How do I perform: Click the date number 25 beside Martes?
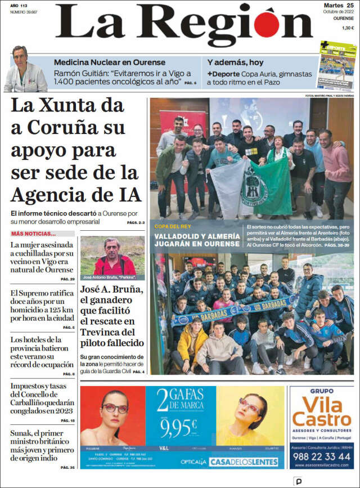(350, 6)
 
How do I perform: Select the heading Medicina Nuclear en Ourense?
(110, 62)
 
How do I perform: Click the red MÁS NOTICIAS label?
(34, 234)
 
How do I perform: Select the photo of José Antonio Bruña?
(112, 257)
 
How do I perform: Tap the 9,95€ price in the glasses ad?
(178, 429)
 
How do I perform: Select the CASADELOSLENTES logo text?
(244, 462)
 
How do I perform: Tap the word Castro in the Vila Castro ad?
(322, 419)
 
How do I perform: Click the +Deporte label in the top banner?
(223, 74)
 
